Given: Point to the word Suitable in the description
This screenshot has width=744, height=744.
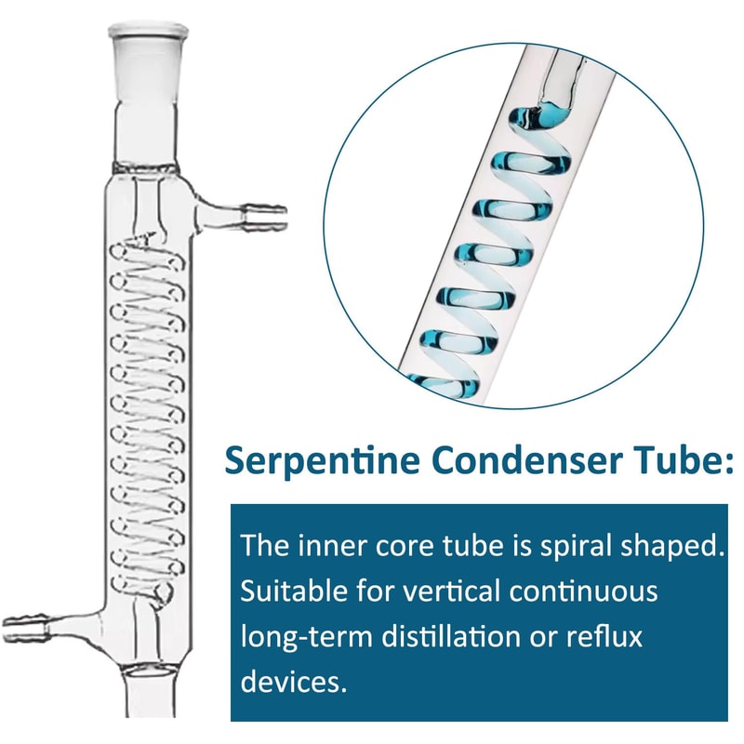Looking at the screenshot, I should click(x=284, y=591).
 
